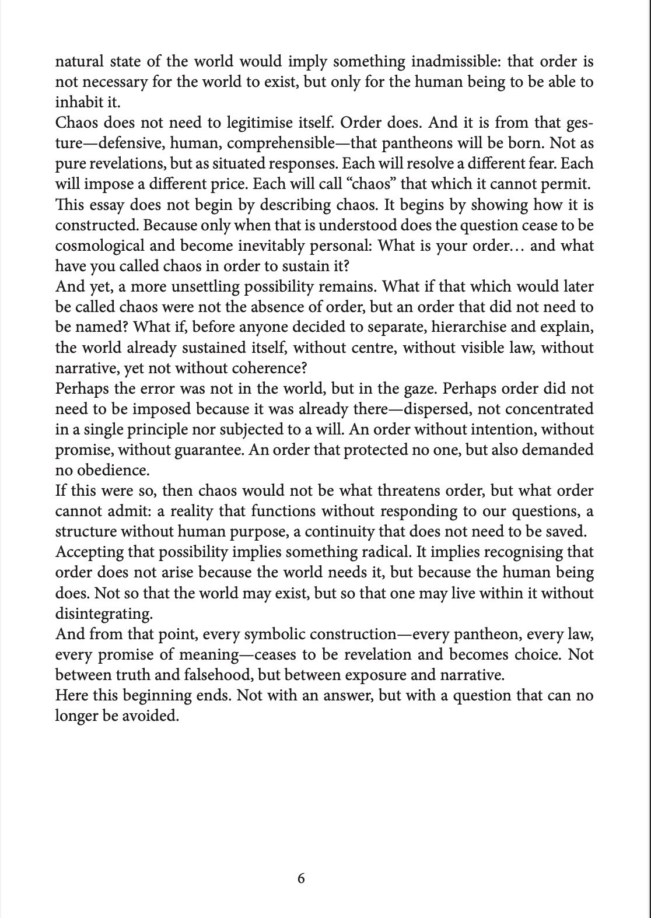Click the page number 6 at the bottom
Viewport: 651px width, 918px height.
click(x=301, y=878)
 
